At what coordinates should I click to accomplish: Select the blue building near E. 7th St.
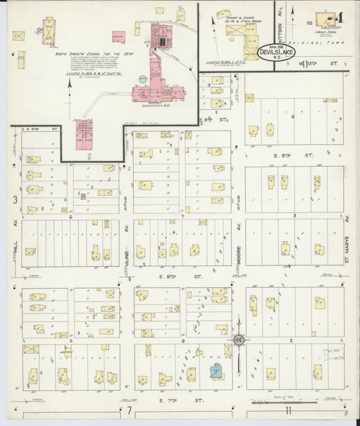click(x=216, y=371)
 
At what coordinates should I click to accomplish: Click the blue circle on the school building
click(x=143, y=79)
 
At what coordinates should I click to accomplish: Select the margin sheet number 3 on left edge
click(x=14, y=199)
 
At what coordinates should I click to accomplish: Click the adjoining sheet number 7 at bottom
click(x=128, y=410)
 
